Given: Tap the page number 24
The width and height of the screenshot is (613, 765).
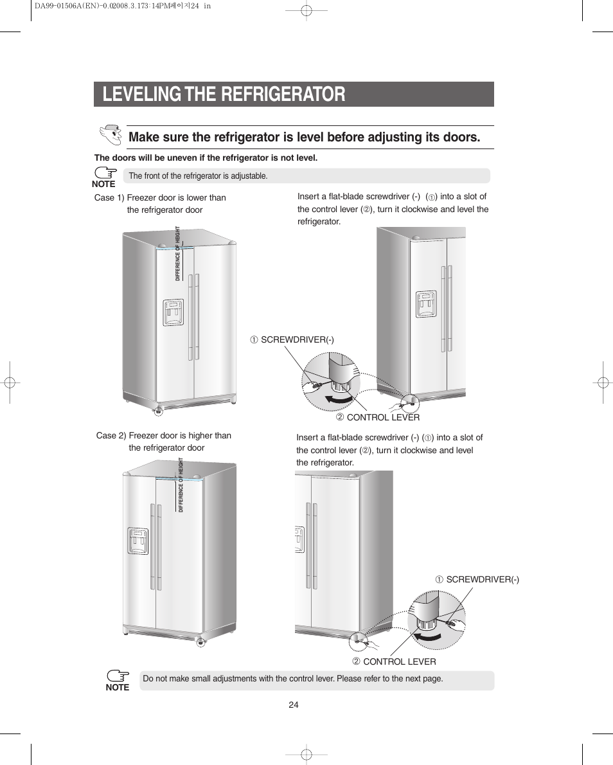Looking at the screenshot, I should (x=294, y=705).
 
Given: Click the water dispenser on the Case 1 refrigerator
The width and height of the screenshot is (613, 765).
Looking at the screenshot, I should (x=173, y=312).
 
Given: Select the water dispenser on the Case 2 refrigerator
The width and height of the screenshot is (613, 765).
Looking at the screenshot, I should (x=138, y=541).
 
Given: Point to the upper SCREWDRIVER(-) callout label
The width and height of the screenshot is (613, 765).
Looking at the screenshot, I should (x=292, y=339).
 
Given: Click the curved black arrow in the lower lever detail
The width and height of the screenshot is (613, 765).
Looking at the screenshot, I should (x=427, y=636).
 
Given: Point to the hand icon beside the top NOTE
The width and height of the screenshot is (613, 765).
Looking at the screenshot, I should (x=105, y=172).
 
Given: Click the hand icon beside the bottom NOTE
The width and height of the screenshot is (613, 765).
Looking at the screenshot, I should (x=118, y=676).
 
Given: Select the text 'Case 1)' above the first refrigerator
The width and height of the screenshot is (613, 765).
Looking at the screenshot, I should (x=109, y=197).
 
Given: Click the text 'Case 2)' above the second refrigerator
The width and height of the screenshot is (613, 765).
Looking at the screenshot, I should (x=111, y=436).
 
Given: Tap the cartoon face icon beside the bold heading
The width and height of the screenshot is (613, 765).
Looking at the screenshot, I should (x=111, y=135).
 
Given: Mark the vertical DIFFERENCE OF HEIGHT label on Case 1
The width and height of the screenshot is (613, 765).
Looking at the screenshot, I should (x=177, y=253).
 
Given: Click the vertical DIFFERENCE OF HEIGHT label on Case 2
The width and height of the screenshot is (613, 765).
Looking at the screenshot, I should (x=181, y=485).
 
